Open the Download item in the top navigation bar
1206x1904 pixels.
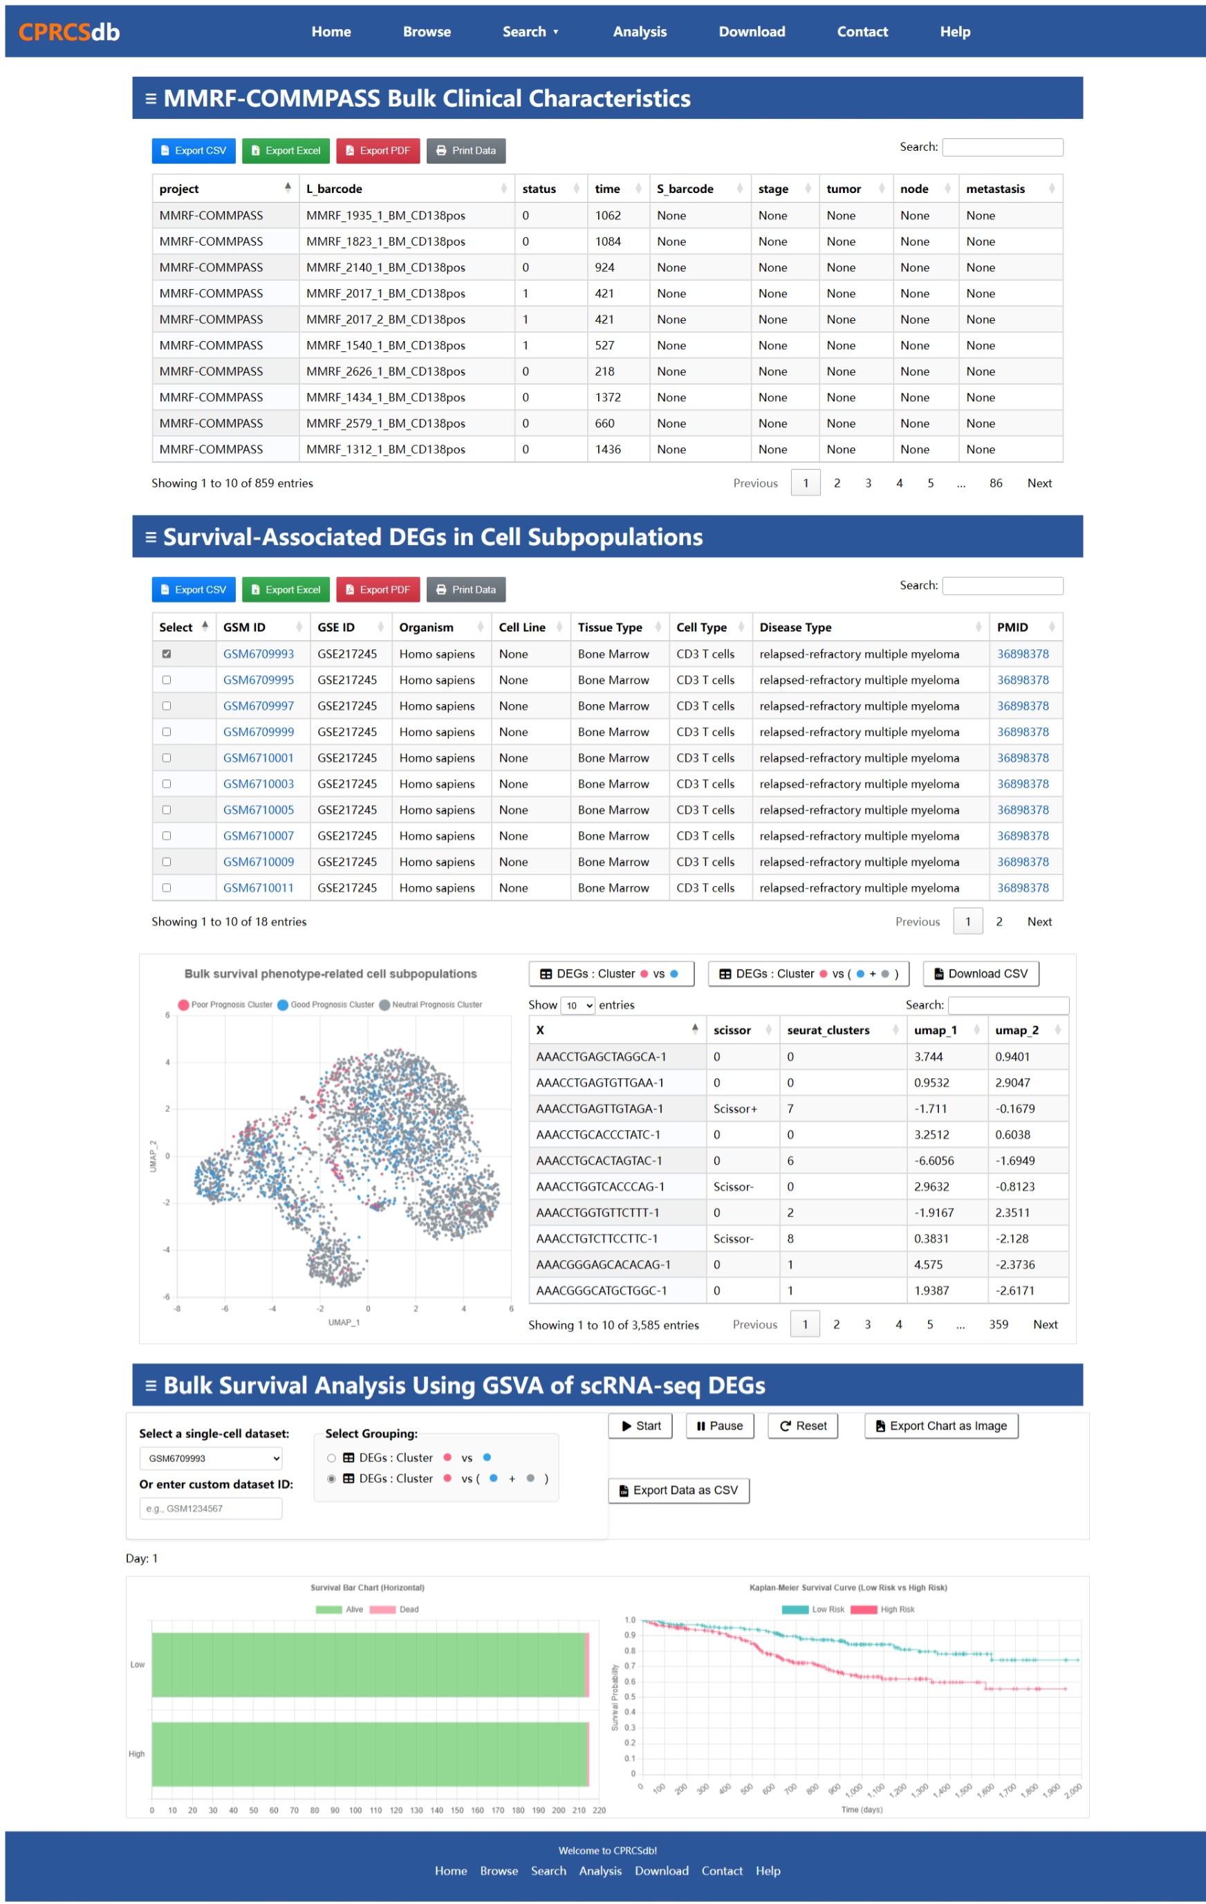751,32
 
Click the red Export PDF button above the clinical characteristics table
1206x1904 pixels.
378,150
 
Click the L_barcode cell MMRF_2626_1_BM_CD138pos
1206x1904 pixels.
385,371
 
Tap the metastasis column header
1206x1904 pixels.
995,189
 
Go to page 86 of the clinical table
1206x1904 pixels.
996,483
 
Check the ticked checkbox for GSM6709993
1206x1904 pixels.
166,654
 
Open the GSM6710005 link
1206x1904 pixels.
258,810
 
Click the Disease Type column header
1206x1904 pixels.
795,627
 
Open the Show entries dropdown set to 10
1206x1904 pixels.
578,1006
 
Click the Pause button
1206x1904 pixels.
720,1425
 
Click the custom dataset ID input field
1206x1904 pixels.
210,1508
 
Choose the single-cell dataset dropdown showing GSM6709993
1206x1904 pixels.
210,1458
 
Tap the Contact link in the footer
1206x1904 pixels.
721,1871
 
